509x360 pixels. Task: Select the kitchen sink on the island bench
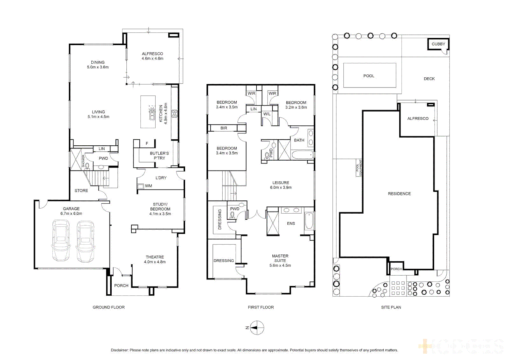coord(152,113)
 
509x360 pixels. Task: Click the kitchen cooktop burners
coord(174,114)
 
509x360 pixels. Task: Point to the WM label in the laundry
coord(148,186)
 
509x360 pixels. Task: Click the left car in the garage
coord(61,240)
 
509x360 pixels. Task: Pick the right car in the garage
coord(85,241)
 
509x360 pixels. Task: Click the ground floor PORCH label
coord(121,286)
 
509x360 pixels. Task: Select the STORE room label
coord(81,191)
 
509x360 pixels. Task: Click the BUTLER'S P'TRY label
coord(159,156)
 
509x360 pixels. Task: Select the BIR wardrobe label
coord(224,128)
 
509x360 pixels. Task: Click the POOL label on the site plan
coord(369,76)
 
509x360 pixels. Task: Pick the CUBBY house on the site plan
coord(438,44)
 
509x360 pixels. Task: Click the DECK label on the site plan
coord(429,79)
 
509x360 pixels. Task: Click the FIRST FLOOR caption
coord(261,307)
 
